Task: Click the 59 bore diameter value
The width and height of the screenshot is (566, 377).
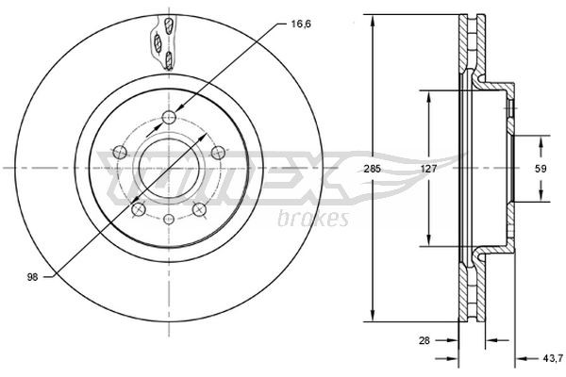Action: [541, 169]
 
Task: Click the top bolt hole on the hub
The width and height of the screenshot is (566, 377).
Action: [169, 115]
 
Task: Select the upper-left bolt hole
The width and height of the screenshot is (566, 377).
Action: [120, 150]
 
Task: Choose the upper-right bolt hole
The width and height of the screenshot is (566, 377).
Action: [217, 152]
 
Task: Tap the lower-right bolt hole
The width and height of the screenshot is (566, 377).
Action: [199, 208]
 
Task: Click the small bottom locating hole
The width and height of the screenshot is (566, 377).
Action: [169, 220]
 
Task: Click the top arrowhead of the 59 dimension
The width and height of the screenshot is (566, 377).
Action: [541, 140]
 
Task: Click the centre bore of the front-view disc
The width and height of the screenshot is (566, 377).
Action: [169, 168]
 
